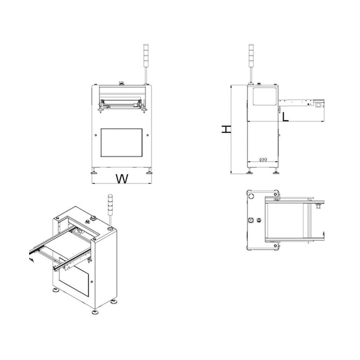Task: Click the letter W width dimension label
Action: (122, 179)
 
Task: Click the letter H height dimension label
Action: (226, 129)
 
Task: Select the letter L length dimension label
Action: (285, 117)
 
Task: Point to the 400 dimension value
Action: (263, 159)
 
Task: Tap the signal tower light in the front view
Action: (146, 55)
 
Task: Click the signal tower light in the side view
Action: (251, 55)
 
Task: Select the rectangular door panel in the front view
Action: (121, 143)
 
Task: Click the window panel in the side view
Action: (265, 96)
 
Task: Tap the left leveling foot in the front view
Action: (94, 171)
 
